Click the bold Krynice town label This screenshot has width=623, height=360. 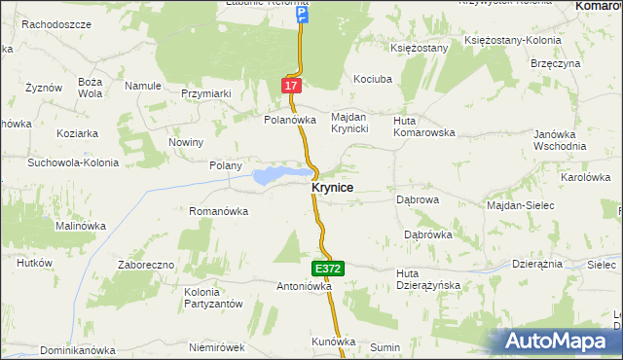[x=332, y=187]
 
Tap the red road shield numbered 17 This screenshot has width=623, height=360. [x=292, y=86]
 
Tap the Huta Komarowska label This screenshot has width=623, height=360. [x=423, y=126]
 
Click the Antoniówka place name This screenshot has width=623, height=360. [x=305, y=287]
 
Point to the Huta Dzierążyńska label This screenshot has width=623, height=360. [x=428, y=279]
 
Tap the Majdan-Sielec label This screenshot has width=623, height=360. [x=520, y=205]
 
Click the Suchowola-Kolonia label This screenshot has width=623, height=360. [x=73, y=162]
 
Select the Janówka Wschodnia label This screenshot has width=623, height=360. [x=558, y=139]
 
